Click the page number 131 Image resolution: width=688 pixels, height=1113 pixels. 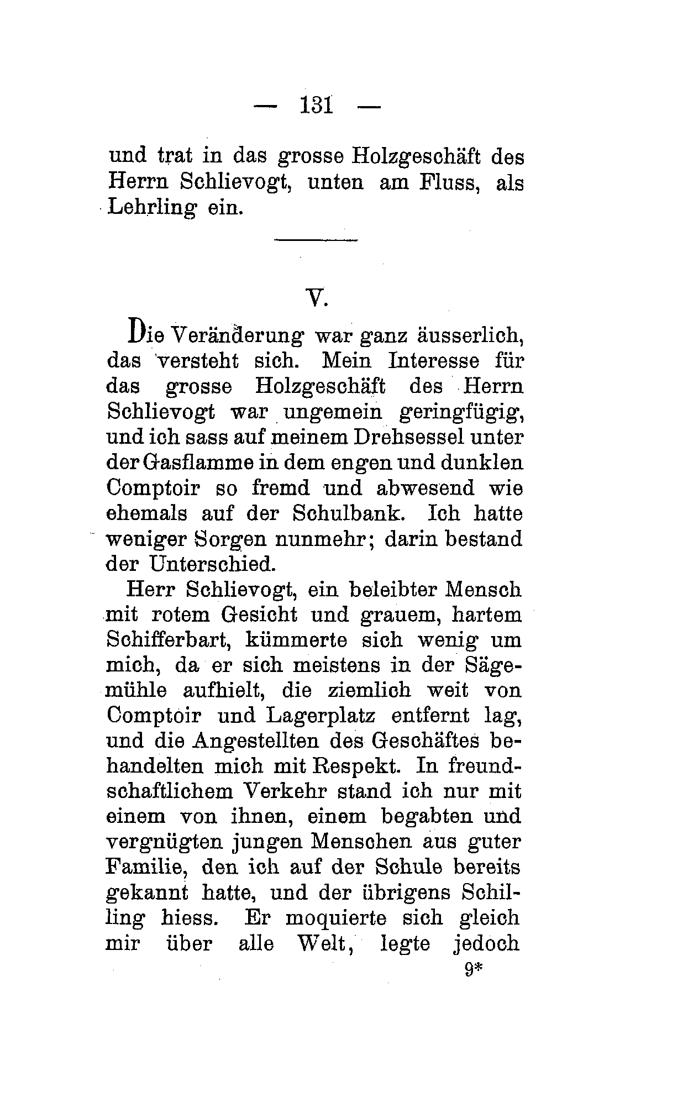[x=317, y=105]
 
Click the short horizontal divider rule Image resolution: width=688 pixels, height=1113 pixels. [x=317, y=240]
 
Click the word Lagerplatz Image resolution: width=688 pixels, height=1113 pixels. [x=321, y=716]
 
